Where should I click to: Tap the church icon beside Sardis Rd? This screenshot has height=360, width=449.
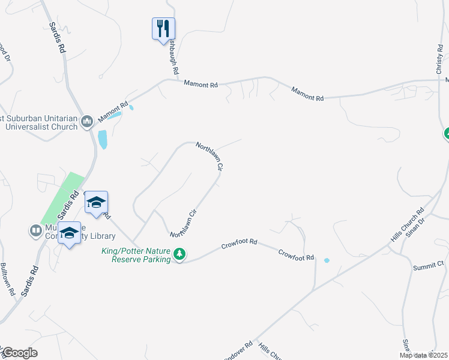[87, 122]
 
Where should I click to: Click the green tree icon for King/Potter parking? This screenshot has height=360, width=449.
[179, 255]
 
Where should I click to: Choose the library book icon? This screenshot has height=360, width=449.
[35, 230]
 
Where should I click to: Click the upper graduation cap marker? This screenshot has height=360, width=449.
[95, 203]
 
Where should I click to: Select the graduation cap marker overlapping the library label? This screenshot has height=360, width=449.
[70, 233]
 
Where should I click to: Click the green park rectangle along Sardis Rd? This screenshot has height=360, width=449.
[61, 197]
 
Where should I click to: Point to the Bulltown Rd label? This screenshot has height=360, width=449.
[8, 279]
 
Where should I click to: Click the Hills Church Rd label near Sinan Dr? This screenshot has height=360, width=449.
[408, 225]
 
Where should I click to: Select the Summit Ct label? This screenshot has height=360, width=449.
[428, 264]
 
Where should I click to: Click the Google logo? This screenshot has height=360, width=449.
[20, 353]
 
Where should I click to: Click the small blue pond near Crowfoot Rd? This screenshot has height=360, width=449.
[327, 260]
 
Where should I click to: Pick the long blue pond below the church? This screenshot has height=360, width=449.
[103, 139]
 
